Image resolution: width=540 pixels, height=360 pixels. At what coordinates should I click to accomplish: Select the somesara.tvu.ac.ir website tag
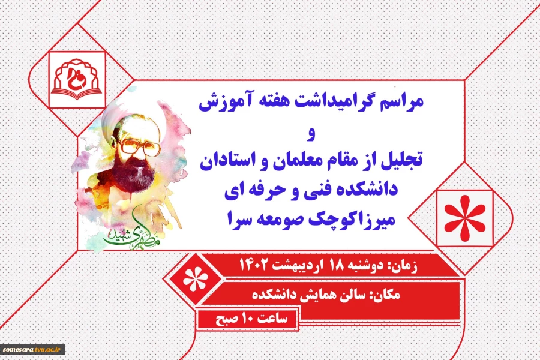pyautogui.click(x=33, y=349)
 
